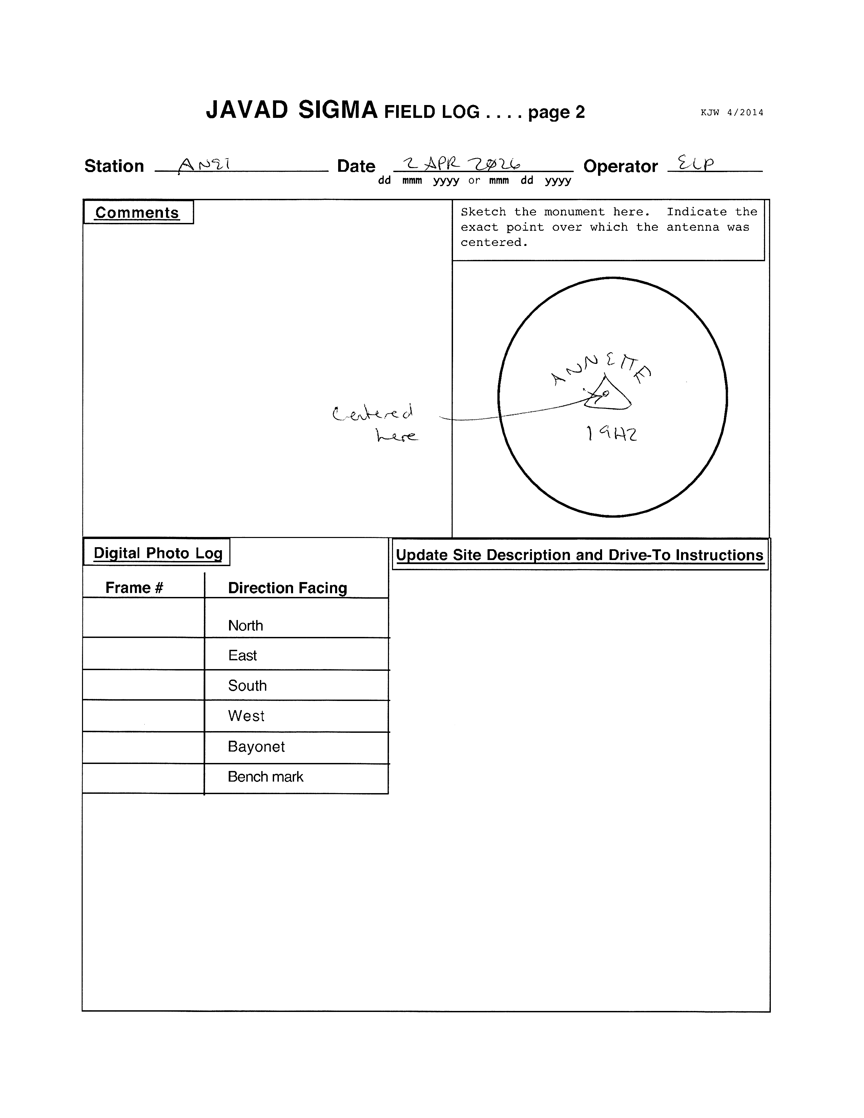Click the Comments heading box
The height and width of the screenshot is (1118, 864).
[138, 212]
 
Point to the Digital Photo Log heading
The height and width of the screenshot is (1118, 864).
[158, 553]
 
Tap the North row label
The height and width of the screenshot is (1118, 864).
[246, 625]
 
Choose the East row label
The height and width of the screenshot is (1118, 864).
[243, 655]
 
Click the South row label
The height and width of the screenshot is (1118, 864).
[247, 685]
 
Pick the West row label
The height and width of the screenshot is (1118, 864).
[246, 716]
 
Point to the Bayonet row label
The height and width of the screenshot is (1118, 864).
[256, 746]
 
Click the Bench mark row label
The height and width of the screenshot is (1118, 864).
[265, 777]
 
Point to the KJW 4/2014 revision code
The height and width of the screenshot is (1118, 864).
[732, 112]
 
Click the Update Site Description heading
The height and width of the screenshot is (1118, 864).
[579, 555]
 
